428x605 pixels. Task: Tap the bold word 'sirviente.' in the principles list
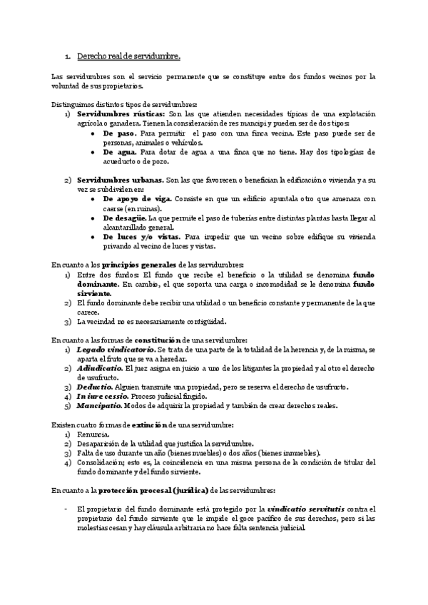click(95, 293)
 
